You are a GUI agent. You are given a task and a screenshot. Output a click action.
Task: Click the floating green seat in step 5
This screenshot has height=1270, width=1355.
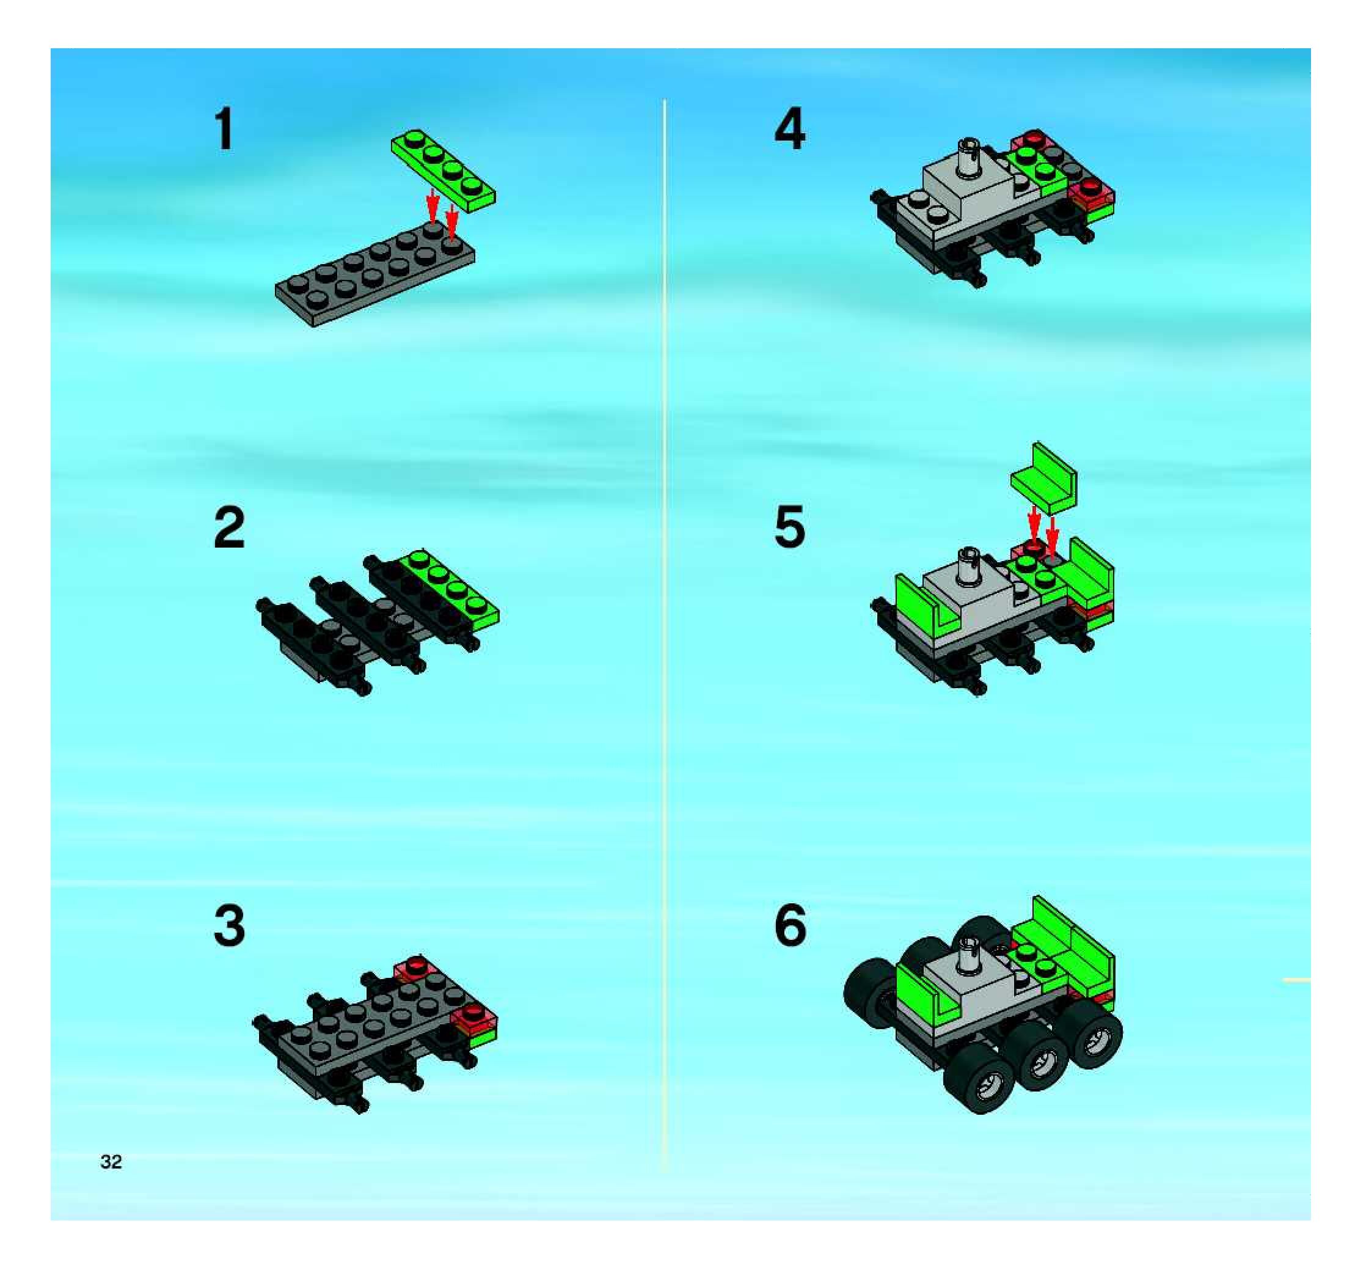click(1043, 479)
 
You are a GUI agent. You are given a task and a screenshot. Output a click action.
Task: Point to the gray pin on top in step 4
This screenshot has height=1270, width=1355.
click(967, 160)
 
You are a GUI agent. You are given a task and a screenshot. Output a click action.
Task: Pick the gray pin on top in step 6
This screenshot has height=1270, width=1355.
click(968, 956)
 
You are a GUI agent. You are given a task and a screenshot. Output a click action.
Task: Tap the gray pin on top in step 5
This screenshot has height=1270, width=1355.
click(967, 568)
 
